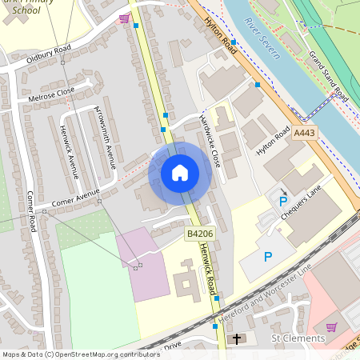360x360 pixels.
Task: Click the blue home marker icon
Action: [180, 173]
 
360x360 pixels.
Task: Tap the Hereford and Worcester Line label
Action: [264, 294]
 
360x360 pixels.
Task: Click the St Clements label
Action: [298, 339]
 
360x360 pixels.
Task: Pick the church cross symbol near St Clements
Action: [236, 340]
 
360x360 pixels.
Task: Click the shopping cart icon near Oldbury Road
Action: [124, 18]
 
